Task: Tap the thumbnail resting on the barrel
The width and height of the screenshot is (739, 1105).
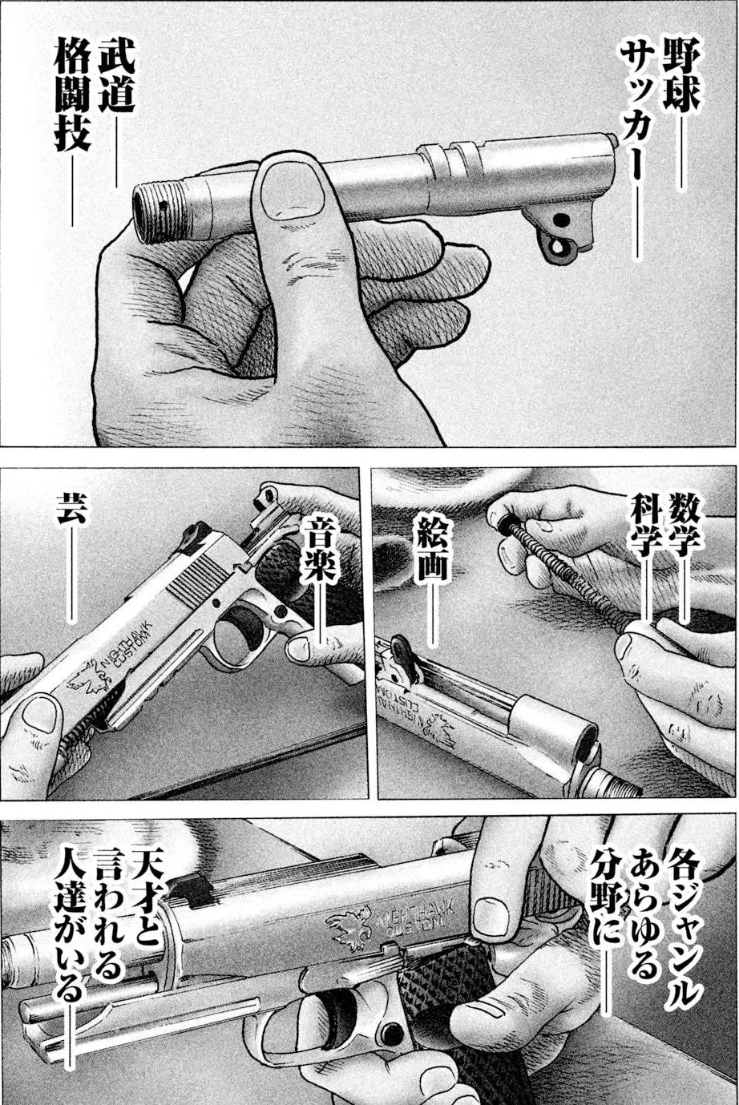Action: [x=293, y=192]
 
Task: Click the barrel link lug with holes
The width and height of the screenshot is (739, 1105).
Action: [x=560, y=232]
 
